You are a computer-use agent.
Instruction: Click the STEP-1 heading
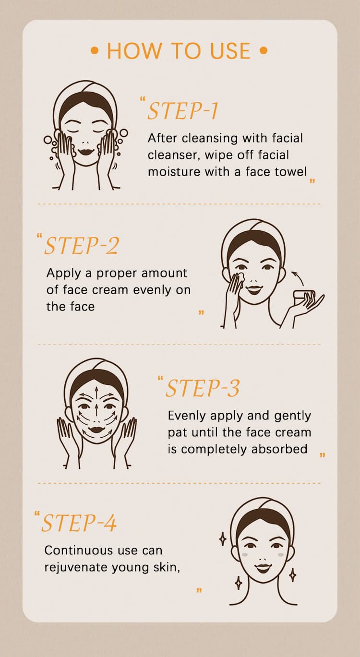pos(182,111)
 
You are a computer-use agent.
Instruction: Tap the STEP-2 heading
pos(81,245)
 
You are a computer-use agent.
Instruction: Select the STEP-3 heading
pos(203,388)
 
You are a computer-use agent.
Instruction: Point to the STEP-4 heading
pos(79,523)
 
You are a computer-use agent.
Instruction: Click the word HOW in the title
pos(134,51)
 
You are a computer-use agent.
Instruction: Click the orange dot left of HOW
pos(95,51)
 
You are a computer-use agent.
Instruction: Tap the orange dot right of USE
pos(264,51)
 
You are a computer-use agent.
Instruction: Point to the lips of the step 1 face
pos(85,152)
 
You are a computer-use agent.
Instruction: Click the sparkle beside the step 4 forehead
pos(223,539)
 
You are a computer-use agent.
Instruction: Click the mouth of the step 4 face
pos(263,568)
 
